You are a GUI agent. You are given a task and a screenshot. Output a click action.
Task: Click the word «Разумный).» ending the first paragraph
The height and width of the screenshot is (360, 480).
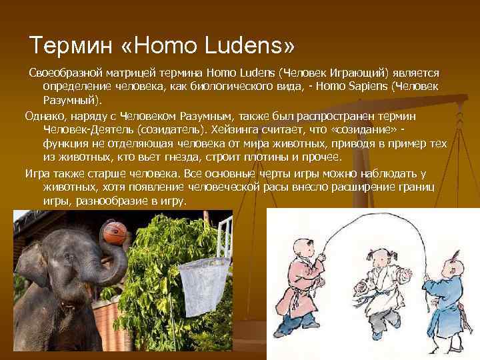click(73, 101)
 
